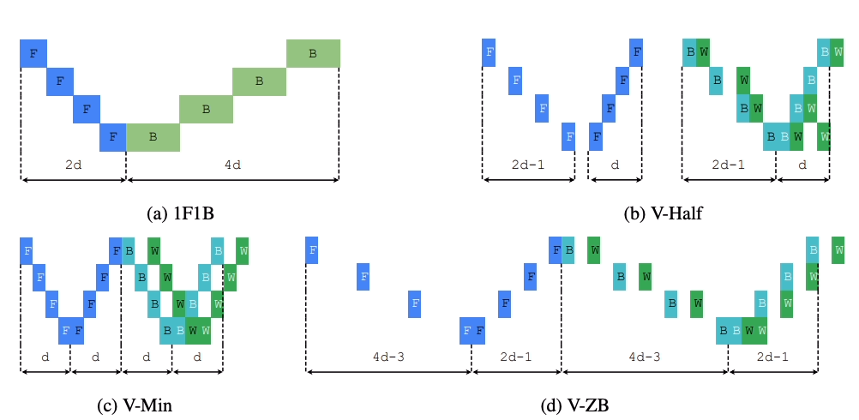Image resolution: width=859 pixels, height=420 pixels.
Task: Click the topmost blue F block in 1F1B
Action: [33, 53]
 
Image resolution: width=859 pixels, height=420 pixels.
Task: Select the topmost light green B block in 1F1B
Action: [313, 53]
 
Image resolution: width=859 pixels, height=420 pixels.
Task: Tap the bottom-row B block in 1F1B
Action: [153, 136]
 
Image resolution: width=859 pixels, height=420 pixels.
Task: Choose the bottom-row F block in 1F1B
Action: [113, 136]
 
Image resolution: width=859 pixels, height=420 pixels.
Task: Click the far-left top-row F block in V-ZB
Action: [313, 250]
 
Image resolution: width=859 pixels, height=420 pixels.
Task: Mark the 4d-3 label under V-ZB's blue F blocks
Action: [388, 357]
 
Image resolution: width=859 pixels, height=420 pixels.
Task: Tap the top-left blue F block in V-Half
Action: [489, 52]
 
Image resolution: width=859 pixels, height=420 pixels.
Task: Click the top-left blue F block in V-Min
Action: [27, 250]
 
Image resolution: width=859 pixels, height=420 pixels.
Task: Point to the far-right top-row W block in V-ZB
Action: [838, 250]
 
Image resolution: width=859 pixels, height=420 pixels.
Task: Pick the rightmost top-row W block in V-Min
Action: [243, 250]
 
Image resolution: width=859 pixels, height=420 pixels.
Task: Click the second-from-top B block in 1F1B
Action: [259, 81]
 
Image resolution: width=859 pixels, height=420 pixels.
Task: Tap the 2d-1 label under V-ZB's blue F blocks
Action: [516, 357]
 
